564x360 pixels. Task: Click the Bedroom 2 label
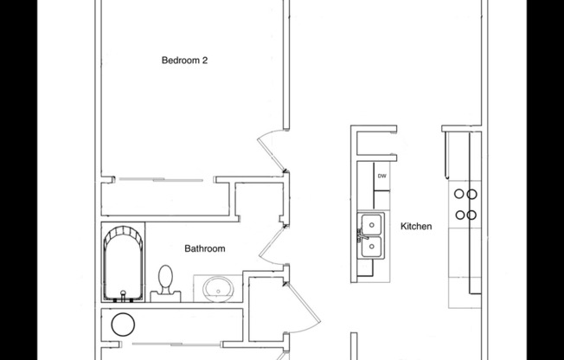tap(184, 61)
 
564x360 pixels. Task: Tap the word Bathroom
tap(205, 249)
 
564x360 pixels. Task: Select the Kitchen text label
tap(415, 227)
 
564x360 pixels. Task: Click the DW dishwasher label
tap(381, 177)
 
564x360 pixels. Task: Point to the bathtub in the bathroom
tap(123, 261)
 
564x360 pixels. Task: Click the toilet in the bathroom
tap(167, 281)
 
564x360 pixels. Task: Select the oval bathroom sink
tap(217, 287)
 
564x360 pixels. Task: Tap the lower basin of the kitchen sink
tap(370, 248)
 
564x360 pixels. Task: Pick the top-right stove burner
tap(472, 195)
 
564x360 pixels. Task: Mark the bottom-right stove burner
tap(472, 215)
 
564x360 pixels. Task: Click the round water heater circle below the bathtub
tap(124, 325)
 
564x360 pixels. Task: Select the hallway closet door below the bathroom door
tap(298, 303)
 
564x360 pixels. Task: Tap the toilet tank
tap(166, 295)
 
